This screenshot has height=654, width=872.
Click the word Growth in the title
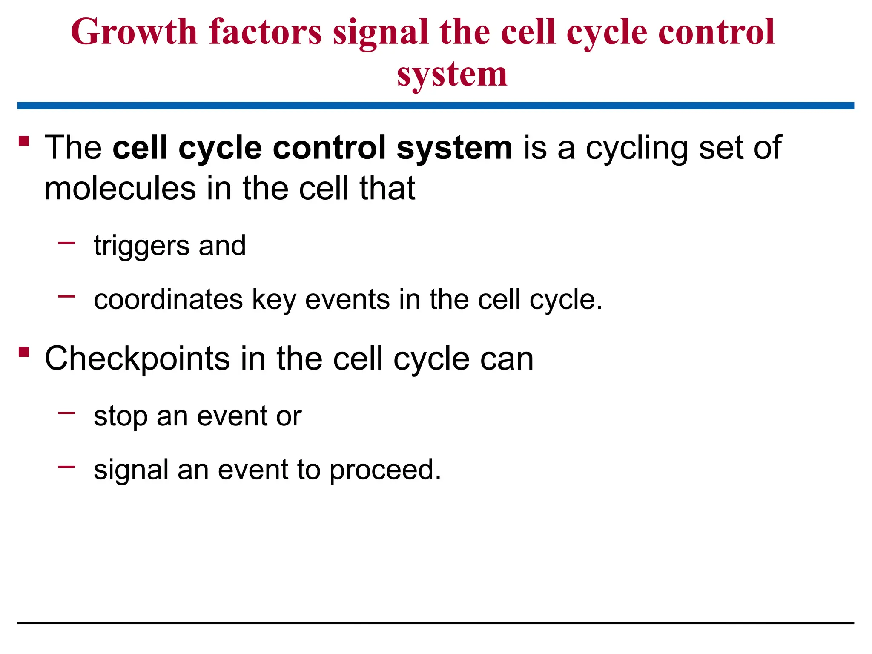click(134, 32)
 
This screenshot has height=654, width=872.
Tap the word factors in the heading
click(265, 32)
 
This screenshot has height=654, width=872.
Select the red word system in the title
click(452, 75)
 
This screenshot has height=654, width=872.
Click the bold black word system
click(454, 148)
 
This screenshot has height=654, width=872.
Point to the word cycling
click(637, 149)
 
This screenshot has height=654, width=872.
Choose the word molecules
click(120, 188)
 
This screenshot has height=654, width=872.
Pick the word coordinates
click(168, 299)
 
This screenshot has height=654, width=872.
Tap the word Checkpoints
click(137, 359)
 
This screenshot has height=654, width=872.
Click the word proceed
click(385, 470)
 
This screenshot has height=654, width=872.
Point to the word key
click(274, 300)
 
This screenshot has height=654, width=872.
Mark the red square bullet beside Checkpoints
click(24, 352)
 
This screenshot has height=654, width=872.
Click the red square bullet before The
click(24, 141)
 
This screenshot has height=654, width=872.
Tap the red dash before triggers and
click(66, 243)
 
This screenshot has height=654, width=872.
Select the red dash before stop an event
click(66, 413)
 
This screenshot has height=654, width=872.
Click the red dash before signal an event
click(66, 467)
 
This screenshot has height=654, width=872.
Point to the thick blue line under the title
click(436, 106)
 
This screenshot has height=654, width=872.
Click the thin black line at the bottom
click(436, 623)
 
